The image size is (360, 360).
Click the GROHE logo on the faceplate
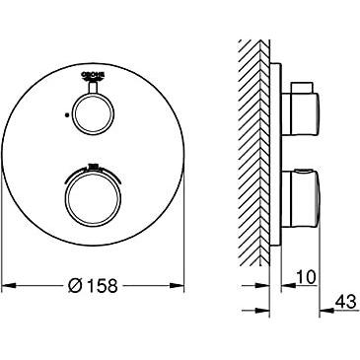(93, 76)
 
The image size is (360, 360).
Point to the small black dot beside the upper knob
(67, 115)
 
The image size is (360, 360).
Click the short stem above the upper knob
(94, 88)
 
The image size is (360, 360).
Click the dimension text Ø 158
(93, 285)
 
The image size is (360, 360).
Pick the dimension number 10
(306, 277)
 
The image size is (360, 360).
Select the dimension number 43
(345, 301)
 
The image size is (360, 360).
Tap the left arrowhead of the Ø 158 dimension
(9, 285)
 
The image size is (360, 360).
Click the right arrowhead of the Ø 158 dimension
(177, 285)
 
